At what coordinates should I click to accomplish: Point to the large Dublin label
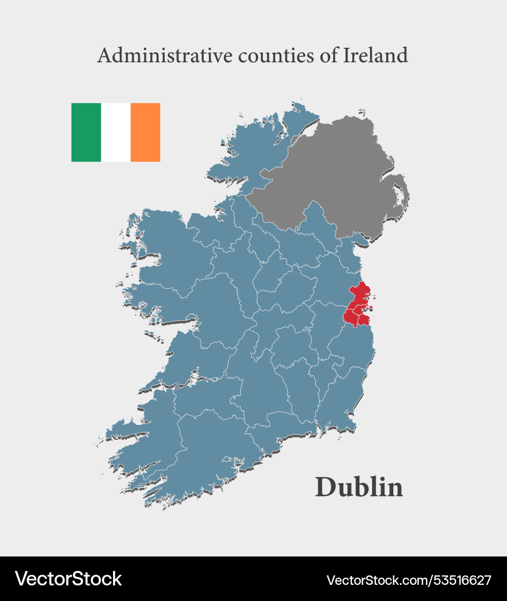359,487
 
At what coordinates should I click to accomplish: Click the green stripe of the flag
86,132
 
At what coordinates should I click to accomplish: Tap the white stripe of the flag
116,132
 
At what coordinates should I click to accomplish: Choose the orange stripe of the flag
145,132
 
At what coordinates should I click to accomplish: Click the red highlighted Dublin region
357,306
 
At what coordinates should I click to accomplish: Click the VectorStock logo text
68,579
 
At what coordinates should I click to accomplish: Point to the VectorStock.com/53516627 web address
408,580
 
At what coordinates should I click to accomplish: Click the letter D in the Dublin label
326,487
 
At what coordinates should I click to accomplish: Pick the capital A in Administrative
103,56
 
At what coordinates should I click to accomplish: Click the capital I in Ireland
347,55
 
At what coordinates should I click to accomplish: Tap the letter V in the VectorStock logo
21,579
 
